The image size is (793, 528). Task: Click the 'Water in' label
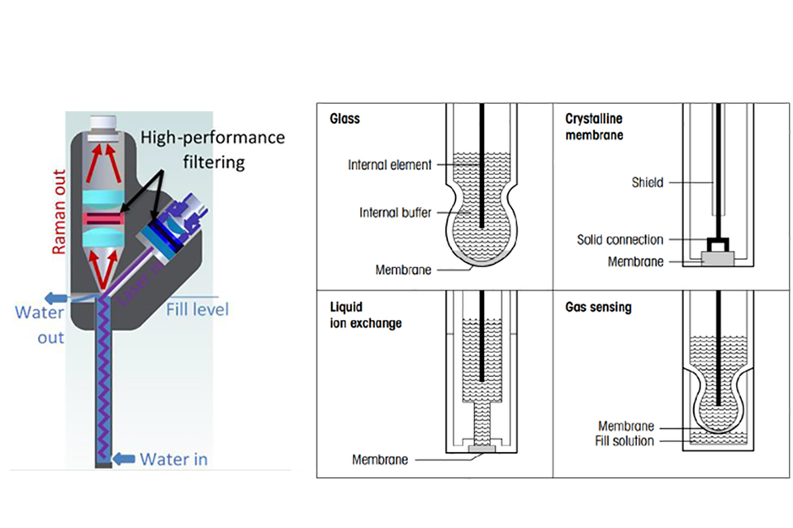(x=173, y=459)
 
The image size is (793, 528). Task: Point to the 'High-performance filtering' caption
(x=212, y=148)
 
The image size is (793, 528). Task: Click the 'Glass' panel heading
(x=344, y=119)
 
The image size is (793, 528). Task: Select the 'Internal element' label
(x=389, y=165)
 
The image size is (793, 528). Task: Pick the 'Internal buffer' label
(x=395, y=212)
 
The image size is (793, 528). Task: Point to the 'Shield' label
(x=647, y=182)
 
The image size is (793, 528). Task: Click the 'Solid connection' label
(x=620, y=240)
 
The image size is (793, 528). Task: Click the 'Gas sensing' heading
(x=598, y=308)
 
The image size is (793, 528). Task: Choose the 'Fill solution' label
(x=624, y=441)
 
